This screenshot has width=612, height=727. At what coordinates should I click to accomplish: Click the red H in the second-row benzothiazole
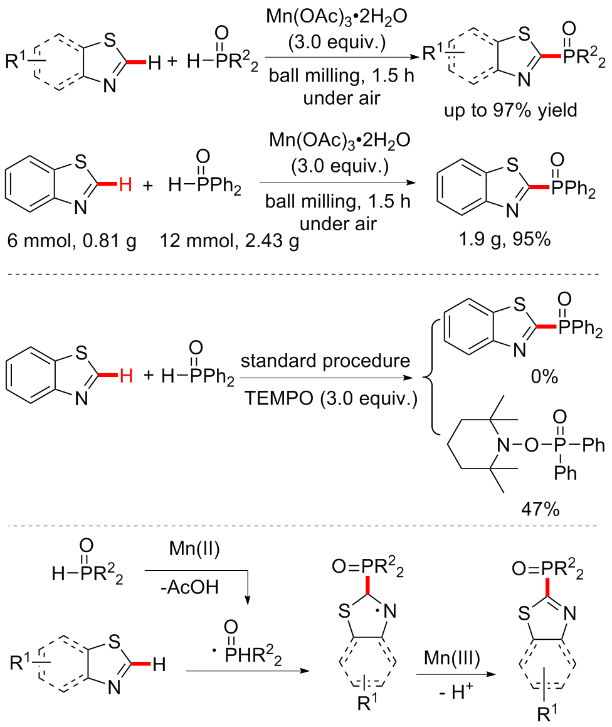(x=125, y=186)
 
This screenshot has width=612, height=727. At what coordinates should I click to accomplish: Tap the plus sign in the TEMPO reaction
(x=147, y=378)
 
